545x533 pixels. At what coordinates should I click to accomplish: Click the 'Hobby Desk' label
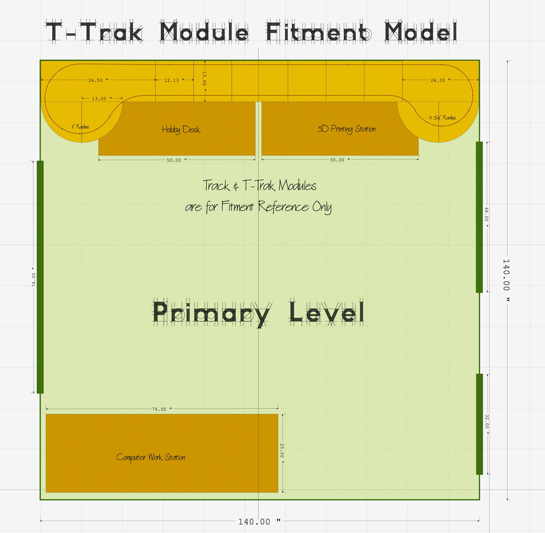pos(181,130)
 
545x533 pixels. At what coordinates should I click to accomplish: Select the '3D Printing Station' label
pos(346,129)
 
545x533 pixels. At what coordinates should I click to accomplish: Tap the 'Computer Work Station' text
pos(151,458)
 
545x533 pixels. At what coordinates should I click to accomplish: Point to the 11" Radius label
pos(80,127)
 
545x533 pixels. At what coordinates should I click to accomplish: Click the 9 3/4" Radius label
pos(442,118)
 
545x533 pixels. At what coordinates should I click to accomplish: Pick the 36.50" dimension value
pos(98,80)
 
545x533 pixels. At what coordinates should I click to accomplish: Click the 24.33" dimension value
pos(440,80)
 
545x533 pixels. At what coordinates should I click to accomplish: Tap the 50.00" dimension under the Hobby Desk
pos(176,160)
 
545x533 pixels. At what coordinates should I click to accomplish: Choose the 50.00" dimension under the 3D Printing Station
pos(340,160)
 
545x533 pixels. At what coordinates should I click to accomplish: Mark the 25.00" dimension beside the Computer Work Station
pos(282,453)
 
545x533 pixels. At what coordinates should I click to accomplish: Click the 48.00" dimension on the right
pos(487,217)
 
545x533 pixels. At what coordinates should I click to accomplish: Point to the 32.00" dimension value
pos(487,424)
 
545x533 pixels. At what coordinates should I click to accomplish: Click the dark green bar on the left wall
pos(40,277)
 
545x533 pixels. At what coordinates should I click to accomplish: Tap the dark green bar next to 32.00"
pos(479,424)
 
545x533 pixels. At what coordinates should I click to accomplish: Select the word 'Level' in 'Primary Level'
pos(327,313)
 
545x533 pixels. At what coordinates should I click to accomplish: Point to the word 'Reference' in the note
pos(283,207)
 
